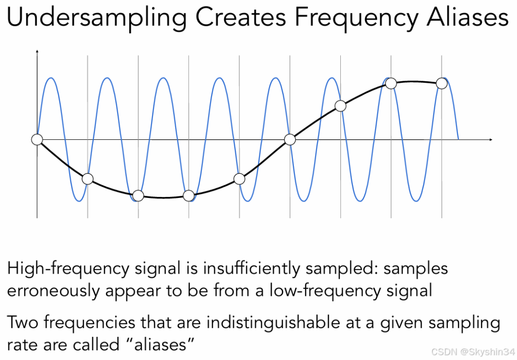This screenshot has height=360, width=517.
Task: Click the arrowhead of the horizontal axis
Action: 489,139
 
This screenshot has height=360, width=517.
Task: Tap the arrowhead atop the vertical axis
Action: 37,52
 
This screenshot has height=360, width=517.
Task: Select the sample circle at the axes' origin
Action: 37,139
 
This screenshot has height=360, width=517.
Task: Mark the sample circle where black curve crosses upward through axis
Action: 290,139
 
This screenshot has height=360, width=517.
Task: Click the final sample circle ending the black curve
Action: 442,83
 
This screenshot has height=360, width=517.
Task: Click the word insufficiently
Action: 250,269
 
